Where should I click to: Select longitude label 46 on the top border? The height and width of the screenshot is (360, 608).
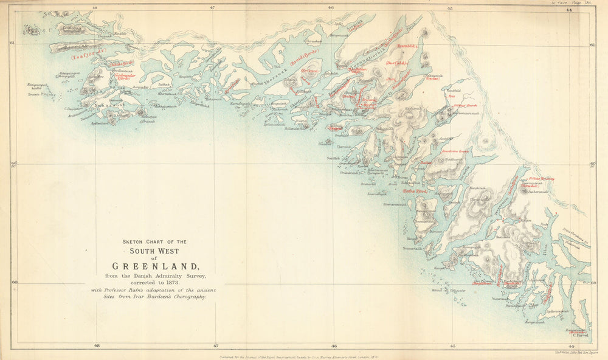[x=331, y=8]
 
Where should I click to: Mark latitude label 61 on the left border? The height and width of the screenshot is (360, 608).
[x=12, y=43]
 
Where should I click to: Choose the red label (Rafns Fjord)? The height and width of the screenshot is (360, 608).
[x=416, y=190]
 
